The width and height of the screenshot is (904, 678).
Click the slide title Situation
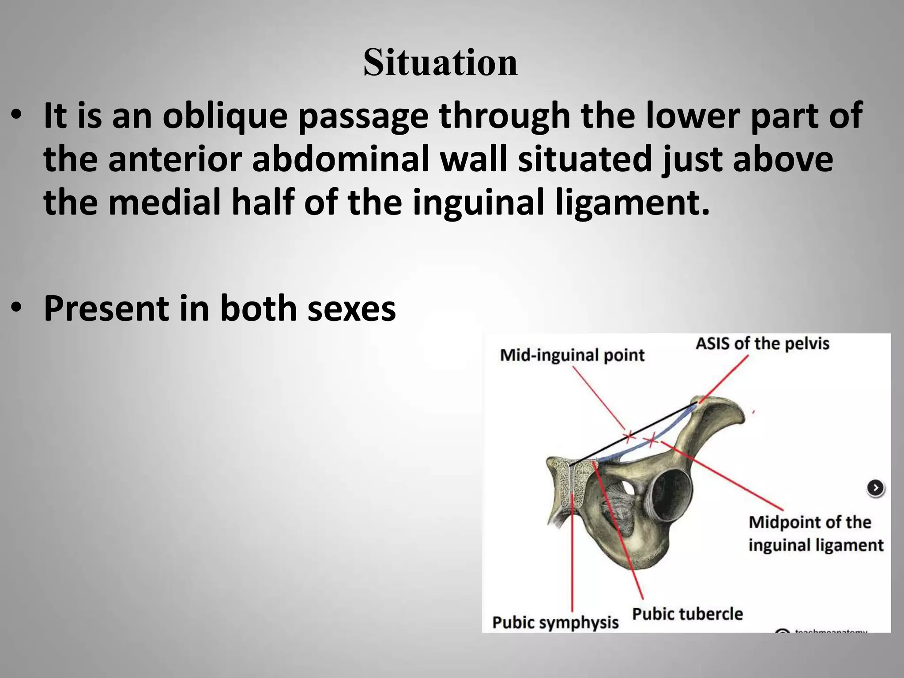click(440, 63)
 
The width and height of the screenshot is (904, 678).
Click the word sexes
click(351, 308)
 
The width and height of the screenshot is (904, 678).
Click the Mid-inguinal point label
click(572, 355)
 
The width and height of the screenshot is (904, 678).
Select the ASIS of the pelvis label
click(762, 343)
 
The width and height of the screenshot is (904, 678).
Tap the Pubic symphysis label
click(555, 622)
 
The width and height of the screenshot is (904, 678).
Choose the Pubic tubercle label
click(687, 614)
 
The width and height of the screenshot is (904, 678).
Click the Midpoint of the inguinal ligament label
click(815, 534)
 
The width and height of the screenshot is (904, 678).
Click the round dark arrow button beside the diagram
click(875, 488)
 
